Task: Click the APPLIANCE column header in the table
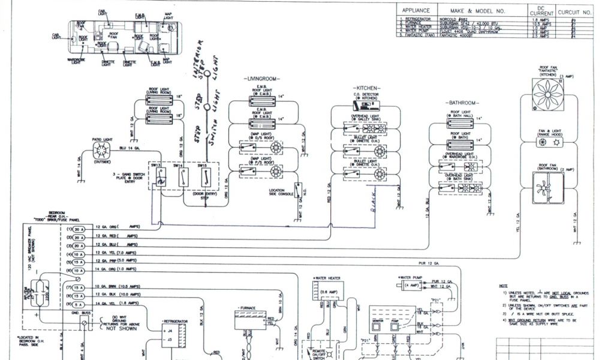point(416,11)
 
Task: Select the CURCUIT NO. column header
point(574,11)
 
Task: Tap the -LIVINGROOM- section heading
point(263,79)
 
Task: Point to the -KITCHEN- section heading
point(367,88)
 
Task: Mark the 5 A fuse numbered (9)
point(77,305)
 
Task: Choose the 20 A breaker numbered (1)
point(77,229)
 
